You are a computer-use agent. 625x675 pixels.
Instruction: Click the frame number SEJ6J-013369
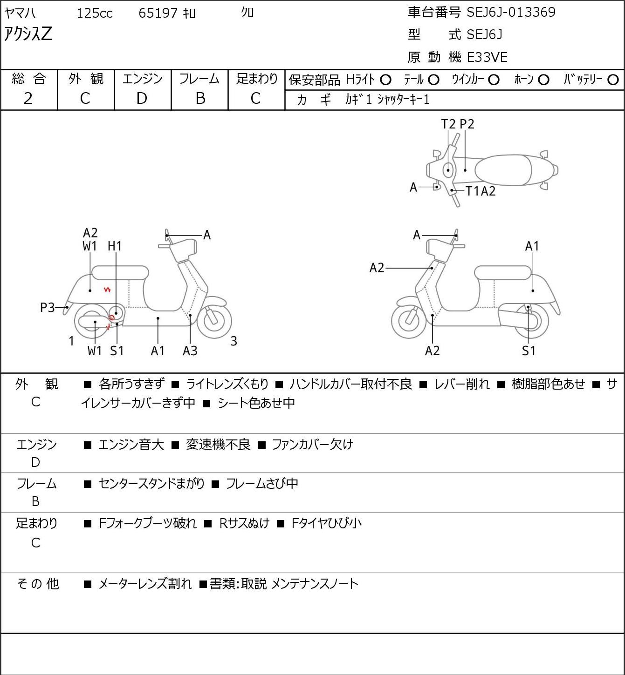[511, 12]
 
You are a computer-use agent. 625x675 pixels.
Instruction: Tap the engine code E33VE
[487, 57]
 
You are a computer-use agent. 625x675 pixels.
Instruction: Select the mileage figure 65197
[158, 13]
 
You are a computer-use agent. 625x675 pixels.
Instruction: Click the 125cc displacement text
[94, 13]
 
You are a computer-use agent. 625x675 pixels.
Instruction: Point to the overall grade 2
[28, 99]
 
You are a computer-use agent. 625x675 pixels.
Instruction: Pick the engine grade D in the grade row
[142, 99]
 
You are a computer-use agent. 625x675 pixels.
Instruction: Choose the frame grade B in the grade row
[200, 99]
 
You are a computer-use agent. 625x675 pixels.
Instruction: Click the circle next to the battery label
[613, 80]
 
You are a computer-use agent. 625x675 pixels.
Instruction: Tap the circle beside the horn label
[543, 80]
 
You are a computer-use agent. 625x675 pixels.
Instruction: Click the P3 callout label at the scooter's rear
[48, 307]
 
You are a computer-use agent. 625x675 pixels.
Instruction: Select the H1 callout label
[115, 246]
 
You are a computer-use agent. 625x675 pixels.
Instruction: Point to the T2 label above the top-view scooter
[448, 124]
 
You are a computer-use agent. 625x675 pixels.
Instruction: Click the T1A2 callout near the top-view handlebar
[481, 191]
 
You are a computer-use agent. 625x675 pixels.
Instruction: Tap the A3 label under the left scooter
[190, 351]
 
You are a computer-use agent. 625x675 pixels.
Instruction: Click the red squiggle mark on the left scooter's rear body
[107, 290]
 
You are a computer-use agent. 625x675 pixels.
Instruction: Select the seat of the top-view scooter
[503, 170]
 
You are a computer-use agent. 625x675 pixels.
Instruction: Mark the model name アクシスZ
[28, 34]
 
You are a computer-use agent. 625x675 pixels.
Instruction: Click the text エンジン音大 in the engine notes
[131, 445]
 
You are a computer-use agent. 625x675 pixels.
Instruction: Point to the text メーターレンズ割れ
[145, 584]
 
